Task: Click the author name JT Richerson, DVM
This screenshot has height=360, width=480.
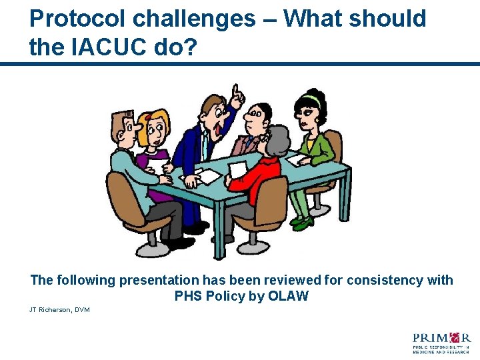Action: click(59, 310)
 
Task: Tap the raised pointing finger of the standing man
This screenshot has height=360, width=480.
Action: click(235, 91)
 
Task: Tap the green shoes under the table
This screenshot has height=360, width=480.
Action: click(301, 222)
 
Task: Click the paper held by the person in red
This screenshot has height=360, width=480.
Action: click(237, 169)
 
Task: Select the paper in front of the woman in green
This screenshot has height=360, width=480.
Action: click(298, 160)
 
